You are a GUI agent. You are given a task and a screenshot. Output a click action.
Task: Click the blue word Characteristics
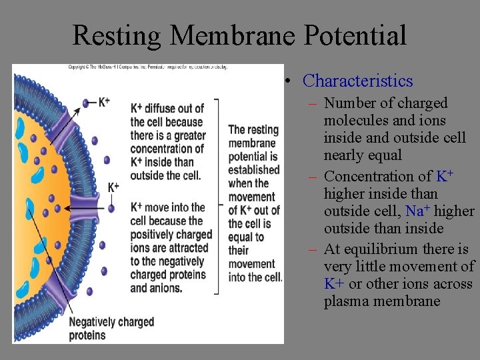pyautogui.click(x=357, y=81)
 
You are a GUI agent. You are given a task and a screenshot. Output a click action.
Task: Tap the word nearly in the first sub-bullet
pyautogui.click(x=344, y=155)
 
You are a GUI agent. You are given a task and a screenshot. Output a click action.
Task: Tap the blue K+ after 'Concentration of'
pyautogui.click(x=445, y=177)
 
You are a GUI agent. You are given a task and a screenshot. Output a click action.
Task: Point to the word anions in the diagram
pyautogui.click(x=166, y=288)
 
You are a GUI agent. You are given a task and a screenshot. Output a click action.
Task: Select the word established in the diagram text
pyautogui.click(x=253, y=170)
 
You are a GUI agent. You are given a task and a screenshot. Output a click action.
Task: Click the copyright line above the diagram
pyautogui.click(x=147, y=67)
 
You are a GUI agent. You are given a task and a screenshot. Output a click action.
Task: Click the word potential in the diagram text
pyautogui.click(x=248, y=157)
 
